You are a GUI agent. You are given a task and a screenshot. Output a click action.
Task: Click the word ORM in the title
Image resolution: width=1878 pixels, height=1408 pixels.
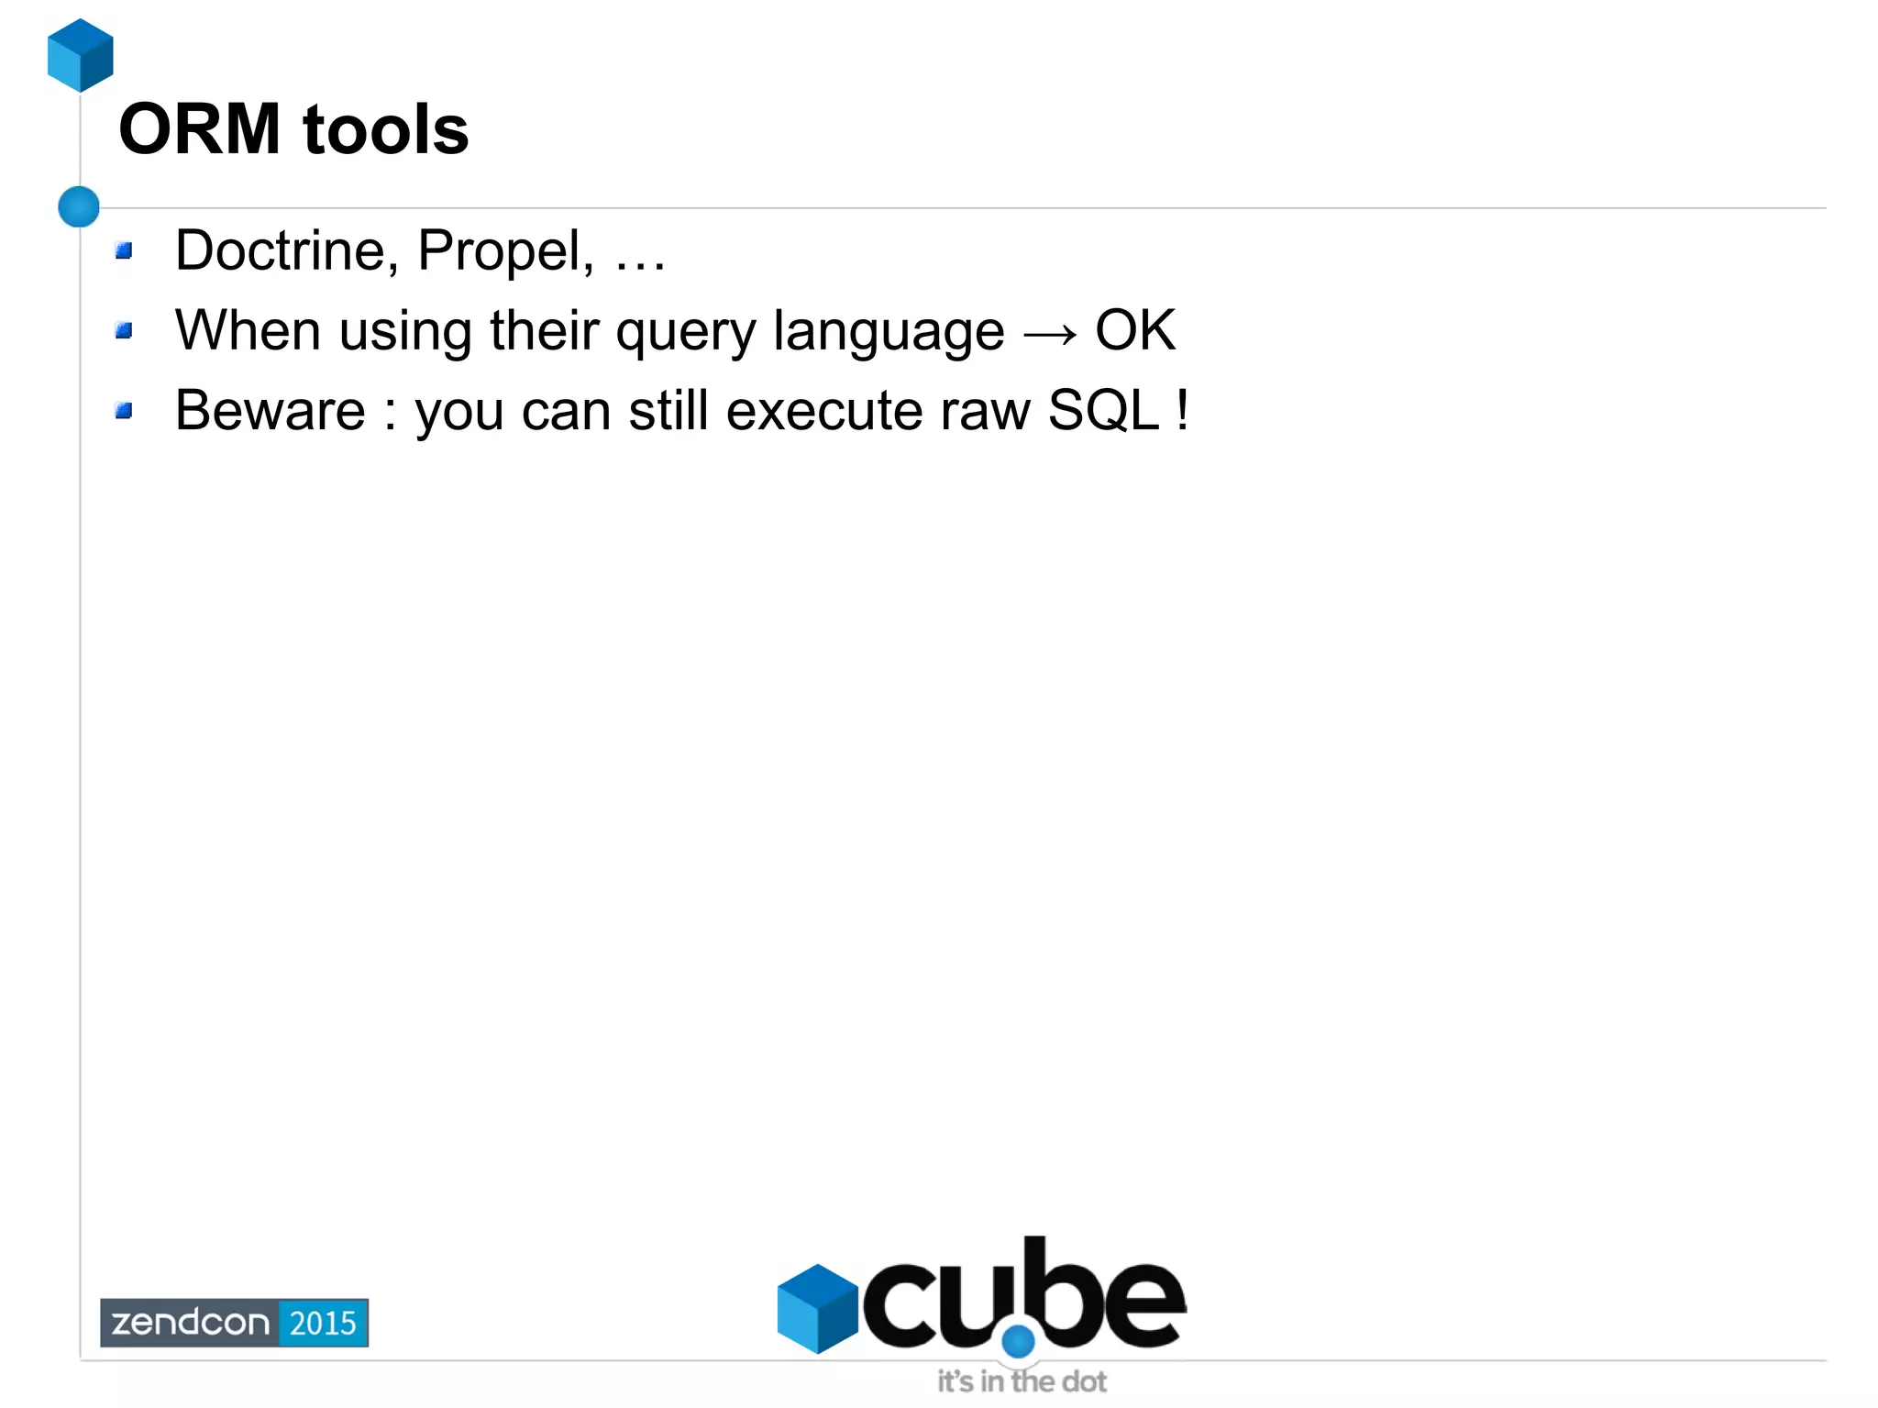click(199, 129)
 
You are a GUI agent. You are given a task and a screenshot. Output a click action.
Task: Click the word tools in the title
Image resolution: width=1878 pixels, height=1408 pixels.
click(385, 129)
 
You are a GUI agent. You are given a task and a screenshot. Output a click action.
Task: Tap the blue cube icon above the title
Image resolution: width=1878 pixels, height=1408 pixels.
click(81, 55)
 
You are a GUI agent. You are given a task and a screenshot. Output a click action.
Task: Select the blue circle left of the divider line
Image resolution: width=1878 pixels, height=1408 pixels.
click(79, 206)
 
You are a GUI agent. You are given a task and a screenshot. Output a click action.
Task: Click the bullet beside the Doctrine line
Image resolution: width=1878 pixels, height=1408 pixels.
click(125, 250)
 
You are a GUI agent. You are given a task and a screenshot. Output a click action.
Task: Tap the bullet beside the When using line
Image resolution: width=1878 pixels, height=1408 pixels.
click(125, 330)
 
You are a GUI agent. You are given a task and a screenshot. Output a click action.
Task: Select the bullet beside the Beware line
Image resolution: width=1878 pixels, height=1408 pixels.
click(125, 410)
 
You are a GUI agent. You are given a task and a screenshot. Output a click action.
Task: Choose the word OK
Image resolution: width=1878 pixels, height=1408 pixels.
click(1135, 330)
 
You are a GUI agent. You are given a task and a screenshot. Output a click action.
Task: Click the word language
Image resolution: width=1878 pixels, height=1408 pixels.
click(889, 332)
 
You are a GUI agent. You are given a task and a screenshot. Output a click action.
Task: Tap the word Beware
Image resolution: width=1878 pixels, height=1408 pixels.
click(270, 410)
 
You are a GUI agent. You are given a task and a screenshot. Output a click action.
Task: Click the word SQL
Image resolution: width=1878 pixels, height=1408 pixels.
click(1104, 410)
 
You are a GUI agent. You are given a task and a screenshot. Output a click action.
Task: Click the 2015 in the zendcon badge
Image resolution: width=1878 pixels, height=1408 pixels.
click(323, 1323)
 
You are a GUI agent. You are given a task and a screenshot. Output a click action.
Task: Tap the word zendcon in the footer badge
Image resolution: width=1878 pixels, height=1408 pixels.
click(191, 1323)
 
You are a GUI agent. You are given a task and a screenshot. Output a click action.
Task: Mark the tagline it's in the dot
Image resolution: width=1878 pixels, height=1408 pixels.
click(1022, 1381)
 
